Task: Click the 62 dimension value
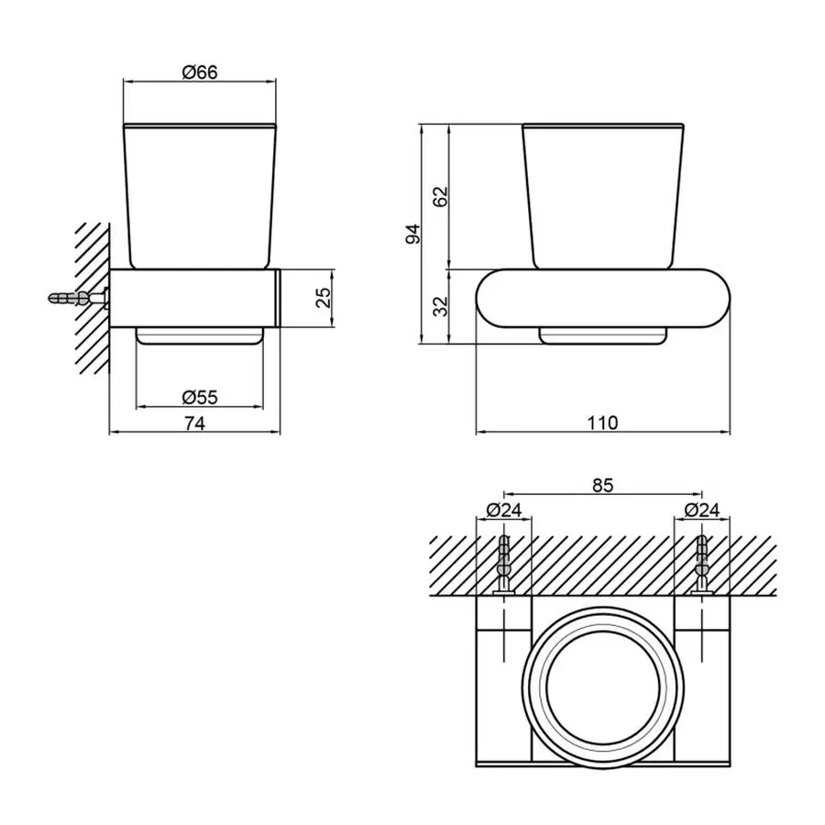coord(441,195)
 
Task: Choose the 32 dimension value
coord(441,306)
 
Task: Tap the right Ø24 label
coord(701,510)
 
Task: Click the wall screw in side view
coord(78,298)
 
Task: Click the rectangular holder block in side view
coord(194,298)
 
